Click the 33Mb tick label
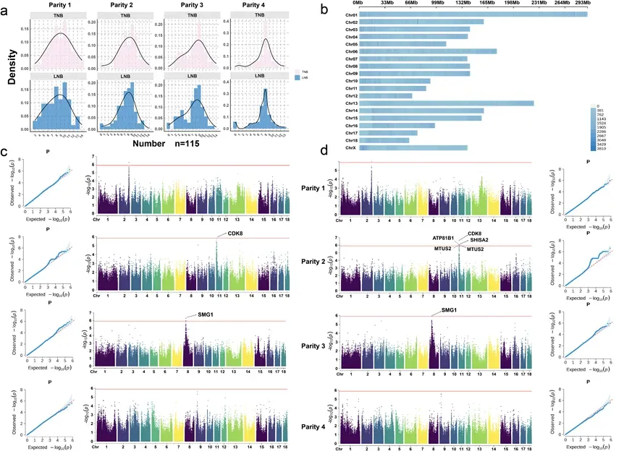pyautogui.click(x=387, y=3)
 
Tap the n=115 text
pyautogui.click(x=182, y=142)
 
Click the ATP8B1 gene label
pyautogui.click(x=443, y=239)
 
